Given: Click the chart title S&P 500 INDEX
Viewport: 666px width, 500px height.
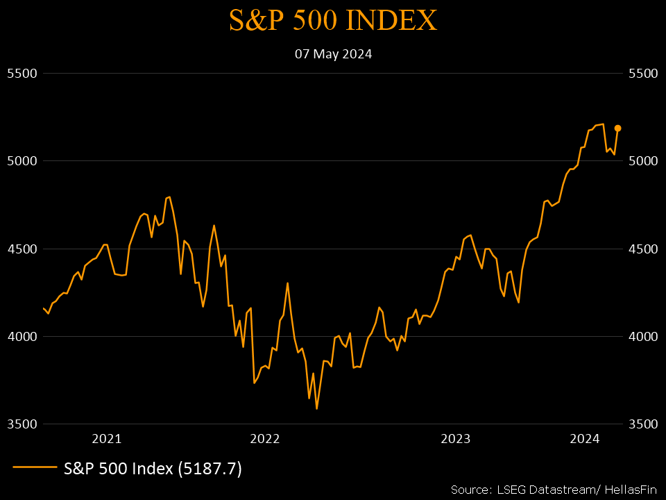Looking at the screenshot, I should pos(333,21).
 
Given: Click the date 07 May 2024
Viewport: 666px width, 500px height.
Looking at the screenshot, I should pos(333,53).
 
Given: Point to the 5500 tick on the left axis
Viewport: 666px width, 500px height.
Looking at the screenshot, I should pos(21,73).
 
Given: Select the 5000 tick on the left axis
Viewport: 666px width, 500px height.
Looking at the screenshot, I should pos(21,160).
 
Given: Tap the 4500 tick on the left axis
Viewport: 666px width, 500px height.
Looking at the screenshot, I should pos(21,249).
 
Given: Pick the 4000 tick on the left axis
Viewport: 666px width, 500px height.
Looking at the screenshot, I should pos(21,336).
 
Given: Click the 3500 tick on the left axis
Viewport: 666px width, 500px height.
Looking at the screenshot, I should pos(21,424).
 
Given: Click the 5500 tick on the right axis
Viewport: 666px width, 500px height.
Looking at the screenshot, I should pos(642,73).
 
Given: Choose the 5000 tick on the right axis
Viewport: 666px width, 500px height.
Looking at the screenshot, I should pos(642,160).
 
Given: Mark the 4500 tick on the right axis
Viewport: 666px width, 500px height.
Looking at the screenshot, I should pos(642,249).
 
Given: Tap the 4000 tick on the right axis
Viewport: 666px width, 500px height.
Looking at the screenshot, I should pos(642,336).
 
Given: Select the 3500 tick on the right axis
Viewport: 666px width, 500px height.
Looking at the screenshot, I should pos(642,424).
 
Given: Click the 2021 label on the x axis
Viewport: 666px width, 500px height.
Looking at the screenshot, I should pos(107,438).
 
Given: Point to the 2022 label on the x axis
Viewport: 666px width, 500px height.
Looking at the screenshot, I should pos(264,438).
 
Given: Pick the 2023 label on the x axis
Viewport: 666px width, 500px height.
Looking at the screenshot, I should pos(456,438).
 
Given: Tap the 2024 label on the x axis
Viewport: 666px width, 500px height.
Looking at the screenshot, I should pos(584,438).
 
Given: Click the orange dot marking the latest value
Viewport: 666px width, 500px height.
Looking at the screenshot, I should pos(617,128).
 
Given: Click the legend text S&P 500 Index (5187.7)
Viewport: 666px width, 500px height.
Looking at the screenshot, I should pos(153,469).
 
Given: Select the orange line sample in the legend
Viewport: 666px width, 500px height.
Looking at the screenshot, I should pos(35,468).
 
